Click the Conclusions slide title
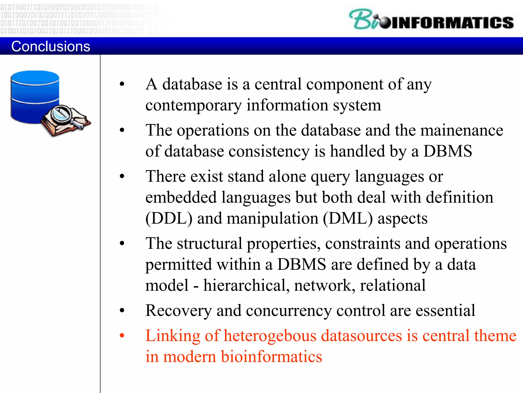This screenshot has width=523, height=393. [x=51, y=46]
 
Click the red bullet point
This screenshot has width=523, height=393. [x=122, y=335]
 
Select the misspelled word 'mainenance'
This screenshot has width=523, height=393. [x=462, y=130]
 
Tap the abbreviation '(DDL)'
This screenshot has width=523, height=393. [x=169, y=219]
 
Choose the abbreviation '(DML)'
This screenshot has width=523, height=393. [x=348, y=219]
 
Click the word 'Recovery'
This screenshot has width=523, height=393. [x=179, y=311]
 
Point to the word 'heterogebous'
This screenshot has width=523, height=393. [x=270, y=336]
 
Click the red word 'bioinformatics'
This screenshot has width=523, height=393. [x=271, y=357]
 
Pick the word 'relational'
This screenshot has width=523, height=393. [x=393, y=285]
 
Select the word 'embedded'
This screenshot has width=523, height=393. [x=181, y=198]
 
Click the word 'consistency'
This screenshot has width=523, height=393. [x=269, y=151]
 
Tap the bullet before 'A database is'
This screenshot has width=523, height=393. [x=122, y=84]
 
